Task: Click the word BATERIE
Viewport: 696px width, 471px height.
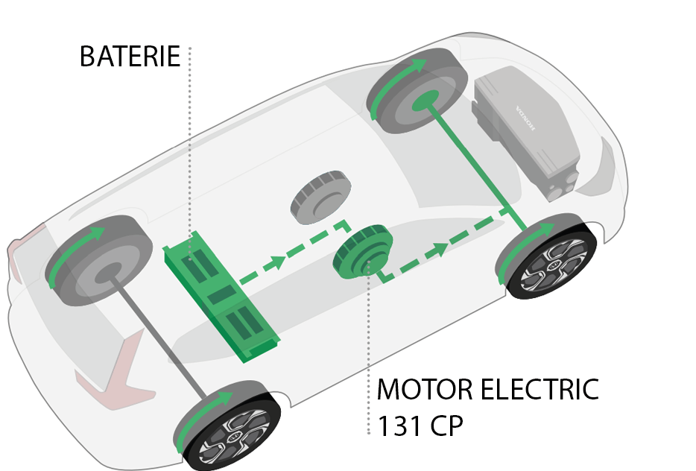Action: (130, 57)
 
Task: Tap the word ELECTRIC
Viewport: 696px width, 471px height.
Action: (540, 389)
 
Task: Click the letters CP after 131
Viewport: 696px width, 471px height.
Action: (446, 426)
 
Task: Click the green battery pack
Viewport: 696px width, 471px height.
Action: (221, 296)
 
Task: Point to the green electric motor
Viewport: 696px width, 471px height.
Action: (363, 252)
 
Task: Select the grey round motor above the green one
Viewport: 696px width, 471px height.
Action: (321, 197)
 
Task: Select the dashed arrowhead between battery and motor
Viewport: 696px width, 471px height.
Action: (277, 262)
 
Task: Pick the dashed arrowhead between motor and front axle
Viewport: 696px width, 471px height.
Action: (440, 249)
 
